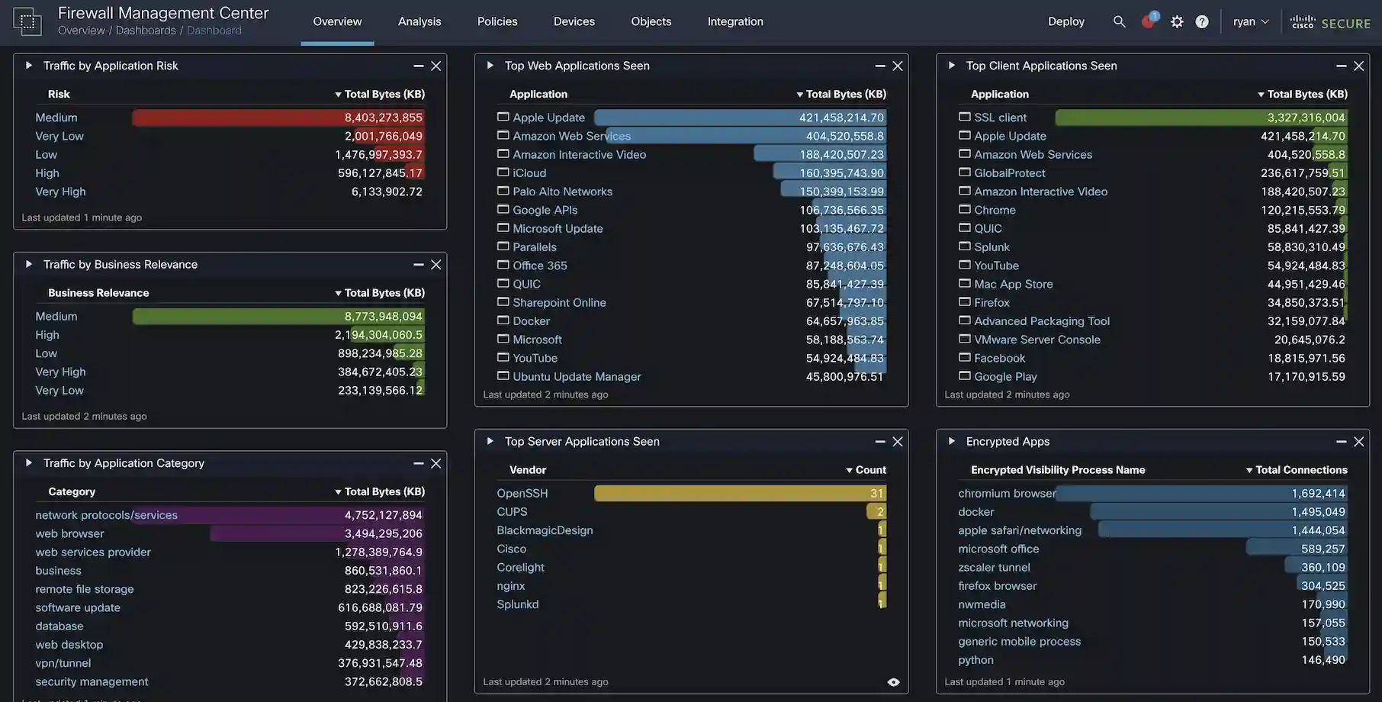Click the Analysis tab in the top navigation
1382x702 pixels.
419,21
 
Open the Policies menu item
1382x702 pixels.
497,21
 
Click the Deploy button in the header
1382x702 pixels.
1065,21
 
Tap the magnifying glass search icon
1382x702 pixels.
1119,21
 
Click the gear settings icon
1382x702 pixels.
1177,21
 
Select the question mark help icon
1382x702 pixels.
1202,21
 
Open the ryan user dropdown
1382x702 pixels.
1251,21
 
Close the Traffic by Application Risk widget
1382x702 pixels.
436,66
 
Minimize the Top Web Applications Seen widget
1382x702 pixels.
880,66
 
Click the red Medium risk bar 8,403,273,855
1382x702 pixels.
278,118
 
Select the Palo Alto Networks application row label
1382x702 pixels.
562,192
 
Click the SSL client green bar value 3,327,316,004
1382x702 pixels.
1201,118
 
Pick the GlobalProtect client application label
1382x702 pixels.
1009,173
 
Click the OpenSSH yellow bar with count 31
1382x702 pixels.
740,494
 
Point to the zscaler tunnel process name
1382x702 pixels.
994,568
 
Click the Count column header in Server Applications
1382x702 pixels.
870,470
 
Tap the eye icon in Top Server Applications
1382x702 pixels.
893,682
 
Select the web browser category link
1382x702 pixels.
69,533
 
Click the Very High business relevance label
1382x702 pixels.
60,372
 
